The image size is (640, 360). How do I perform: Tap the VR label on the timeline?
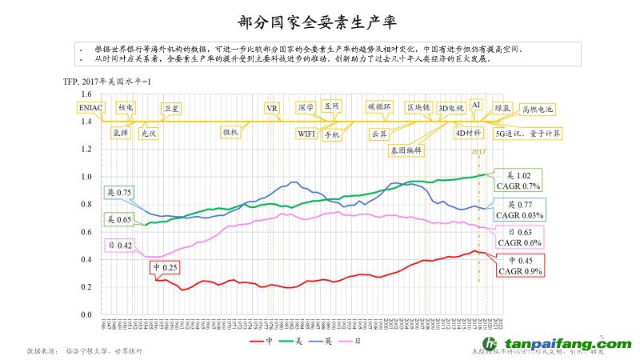point(271,108)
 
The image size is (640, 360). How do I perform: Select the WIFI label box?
point(306,133)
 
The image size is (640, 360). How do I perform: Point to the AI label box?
point(476,105)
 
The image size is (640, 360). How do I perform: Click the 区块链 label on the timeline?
point(418,107)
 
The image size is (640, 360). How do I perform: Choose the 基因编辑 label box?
point(406,150)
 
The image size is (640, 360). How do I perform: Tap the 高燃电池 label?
point(537,109)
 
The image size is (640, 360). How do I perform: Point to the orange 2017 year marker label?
point(478,152)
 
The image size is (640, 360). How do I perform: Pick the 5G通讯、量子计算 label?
point(528,134)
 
